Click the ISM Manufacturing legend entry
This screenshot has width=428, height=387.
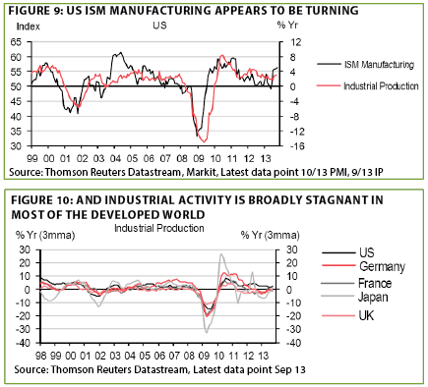365,65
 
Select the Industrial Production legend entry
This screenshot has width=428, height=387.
368,86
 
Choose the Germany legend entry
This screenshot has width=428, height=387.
364,266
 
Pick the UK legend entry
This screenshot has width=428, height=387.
348,315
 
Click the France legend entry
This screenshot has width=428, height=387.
357,283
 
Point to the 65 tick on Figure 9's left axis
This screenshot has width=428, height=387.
16,42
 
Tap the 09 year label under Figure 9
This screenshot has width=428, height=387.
198,159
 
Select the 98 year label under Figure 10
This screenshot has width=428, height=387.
40,356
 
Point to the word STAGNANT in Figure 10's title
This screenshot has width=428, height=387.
332,200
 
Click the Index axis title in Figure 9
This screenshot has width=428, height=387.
29,27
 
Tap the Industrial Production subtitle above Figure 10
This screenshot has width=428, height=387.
159,228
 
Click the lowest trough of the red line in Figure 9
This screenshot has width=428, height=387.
205,141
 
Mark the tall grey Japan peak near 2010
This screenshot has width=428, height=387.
221,253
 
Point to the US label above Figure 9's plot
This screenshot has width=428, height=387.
159,26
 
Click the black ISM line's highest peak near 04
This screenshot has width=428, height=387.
121,52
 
